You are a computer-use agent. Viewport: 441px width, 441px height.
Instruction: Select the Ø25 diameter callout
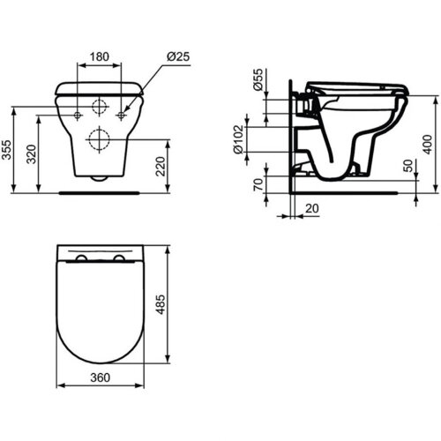click(180, 56)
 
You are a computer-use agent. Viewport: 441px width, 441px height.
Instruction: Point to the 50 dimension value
click(407, 165)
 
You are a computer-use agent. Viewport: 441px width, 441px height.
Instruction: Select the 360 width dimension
click(99, 377)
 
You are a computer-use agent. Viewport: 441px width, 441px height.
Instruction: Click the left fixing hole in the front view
click(78, 116)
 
